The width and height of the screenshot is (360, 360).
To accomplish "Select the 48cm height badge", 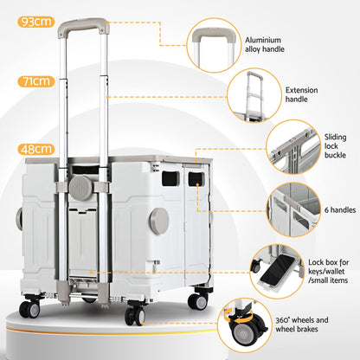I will click(35, 149).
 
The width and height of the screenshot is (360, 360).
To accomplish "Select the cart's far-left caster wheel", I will click(30, 308).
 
